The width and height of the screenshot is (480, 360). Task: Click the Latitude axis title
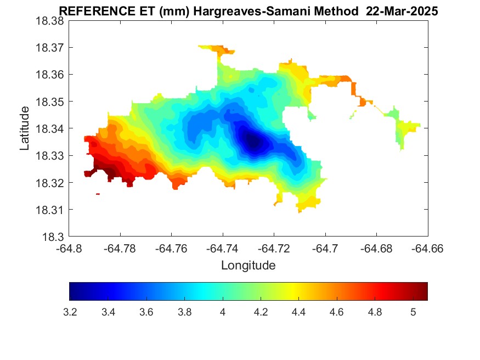pyautogui.click(x=24, y=129)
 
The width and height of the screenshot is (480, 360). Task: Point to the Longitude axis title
pyautogui.click(x=248, y=266)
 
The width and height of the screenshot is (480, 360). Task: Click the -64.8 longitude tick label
pyautogui.click(x=69, y=248)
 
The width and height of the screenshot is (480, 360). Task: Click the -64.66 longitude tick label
pyautogui.click(x=428, y=248)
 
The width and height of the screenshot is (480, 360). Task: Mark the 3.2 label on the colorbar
pyautogui.click(x=70, y=312)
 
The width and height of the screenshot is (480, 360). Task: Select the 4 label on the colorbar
pyautogui.click(x=223, y=312)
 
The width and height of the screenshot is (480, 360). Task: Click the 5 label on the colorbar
pyautogui.click(x=413, y=312)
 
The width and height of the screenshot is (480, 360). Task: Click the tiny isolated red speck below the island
pyautogui.click(x=98, y=194)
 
